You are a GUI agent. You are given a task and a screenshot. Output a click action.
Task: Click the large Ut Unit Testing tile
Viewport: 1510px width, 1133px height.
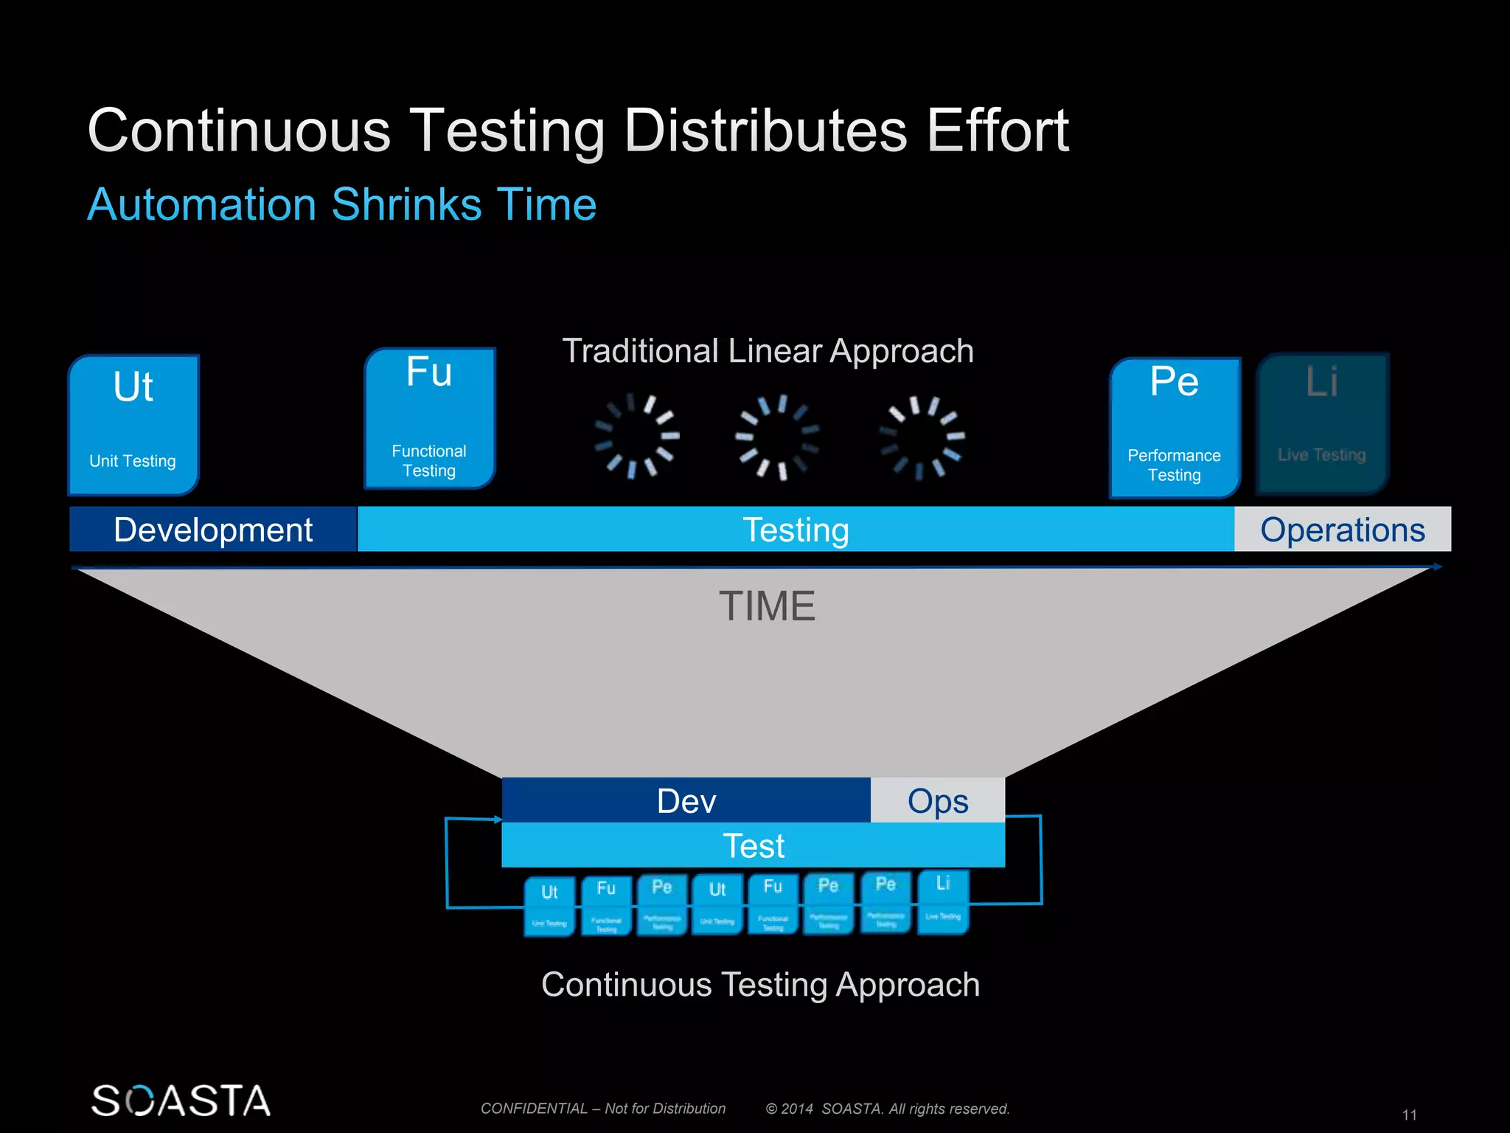tap(133, 424)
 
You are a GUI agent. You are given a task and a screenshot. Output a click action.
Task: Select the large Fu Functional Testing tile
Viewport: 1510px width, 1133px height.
tap(430, 418)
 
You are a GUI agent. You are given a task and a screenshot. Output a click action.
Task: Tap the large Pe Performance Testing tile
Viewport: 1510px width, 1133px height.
tap(1175, 428)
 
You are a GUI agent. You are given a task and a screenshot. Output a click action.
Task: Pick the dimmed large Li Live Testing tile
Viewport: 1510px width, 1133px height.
tap(1322, 423)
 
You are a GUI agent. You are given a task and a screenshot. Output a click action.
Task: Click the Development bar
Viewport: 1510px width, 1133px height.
tap(213, 530)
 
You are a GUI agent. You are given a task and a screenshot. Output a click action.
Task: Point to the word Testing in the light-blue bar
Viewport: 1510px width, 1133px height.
tap(796, 530)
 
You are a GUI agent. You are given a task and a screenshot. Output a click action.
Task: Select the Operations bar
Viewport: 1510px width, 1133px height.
tap(1343, 530)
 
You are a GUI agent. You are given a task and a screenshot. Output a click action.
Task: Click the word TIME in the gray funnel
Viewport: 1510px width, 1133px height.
tap(767, 606)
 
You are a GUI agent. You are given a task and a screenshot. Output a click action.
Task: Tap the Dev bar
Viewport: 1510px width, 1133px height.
tap(686, 801)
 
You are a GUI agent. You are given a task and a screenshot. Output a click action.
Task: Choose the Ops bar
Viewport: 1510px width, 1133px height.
tap(938, 801)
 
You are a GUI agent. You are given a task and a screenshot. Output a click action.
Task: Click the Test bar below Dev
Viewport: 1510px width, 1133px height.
tap(754, 845)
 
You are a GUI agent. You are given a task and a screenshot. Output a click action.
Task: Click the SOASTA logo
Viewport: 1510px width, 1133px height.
tap(181, 1101)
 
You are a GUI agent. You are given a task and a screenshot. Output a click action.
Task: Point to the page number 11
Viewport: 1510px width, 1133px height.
tap(1409, 1115)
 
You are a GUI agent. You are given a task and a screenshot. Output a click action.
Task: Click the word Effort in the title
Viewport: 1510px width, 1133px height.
tap(998, 131)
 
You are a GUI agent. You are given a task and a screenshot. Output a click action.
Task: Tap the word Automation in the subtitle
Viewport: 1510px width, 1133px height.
tap(202, 204)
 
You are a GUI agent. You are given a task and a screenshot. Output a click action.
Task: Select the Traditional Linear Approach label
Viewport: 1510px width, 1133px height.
tap(768, 351)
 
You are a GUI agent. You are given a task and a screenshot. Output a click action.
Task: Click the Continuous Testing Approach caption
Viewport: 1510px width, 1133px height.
tap(760, 985)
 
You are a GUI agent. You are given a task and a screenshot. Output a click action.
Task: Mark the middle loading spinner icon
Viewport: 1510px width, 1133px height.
tap(777, 437)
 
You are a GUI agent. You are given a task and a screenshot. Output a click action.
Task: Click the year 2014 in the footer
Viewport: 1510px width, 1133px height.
tap(797, 1109)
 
